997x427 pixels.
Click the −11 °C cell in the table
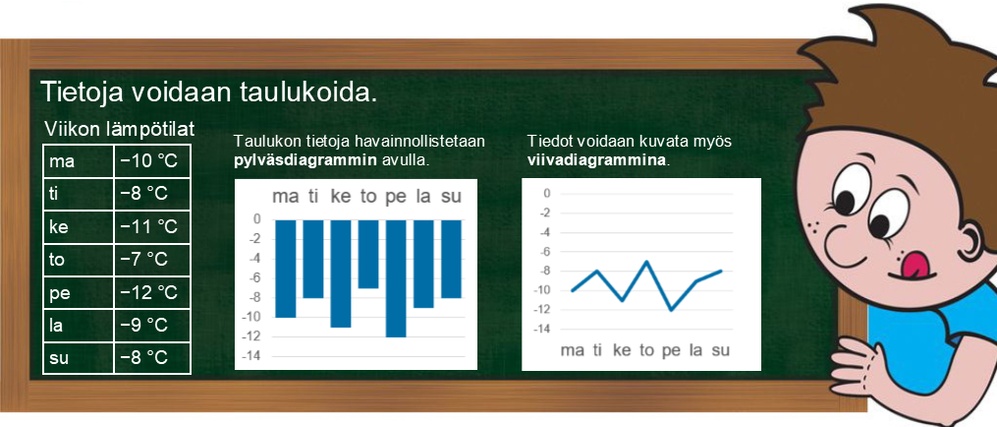(x=152, y=227)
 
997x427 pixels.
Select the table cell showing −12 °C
(x=152, y=293)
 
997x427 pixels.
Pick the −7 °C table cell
(x=152, y=260)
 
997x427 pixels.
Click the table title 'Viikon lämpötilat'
(x=120, y=130)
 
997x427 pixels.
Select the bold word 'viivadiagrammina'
(x=597, y=160)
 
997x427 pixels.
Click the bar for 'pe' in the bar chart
(x=396, y=278)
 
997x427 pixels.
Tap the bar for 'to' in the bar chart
(x=368, y=254)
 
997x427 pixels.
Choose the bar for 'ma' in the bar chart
(x=286, y=269)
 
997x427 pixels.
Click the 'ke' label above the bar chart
(x=341, y=197)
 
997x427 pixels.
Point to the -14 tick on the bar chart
(x=253, y=356)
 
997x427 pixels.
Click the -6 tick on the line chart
(x=544, y=252)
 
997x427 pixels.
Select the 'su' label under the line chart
(x=720, y=350)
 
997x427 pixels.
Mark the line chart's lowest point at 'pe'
(x=672, y=310)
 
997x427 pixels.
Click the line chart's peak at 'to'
(x=646, y=262)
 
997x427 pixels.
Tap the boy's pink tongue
(x=913, y=263)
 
